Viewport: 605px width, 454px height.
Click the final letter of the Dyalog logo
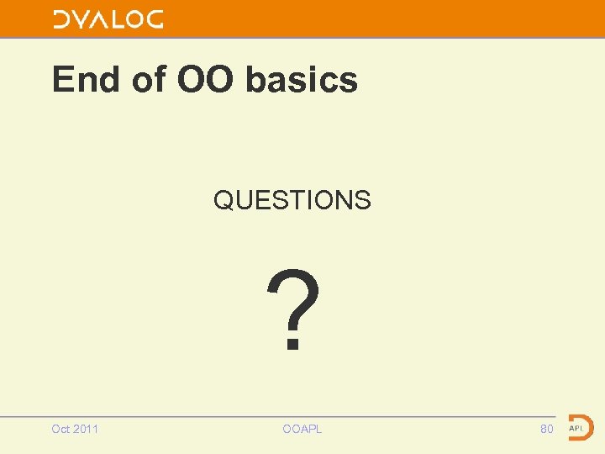pyautogui.click(x=153, y=20)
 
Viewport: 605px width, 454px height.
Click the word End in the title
pyautogui.click(x=86, y=81)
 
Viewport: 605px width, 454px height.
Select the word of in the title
pyautogui.click(x=149, y=81)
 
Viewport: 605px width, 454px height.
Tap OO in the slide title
pyautogui.click(x=207, y=81)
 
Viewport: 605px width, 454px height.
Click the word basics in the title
pyautogui.click(x=302, y=81)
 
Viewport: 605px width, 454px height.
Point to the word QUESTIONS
pyautogui.click(x=292, y=200)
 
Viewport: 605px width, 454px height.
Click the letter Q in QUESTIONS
pyautogui.click(x=224, y=200)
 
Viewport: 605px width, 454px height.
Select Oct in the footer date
pyautogui.click(x=61, y=429)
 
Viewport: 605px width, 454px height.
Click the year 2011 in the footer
pyautogui.click(x=86, y=429)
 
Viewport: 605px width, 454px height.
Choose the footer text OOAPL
pyautogui.click(x=302, y=429)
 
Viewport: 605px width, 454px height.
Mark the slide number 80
pyautogui.click(x=547, y=429)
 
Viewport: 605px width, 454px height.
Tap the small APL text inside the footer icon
pyautogui.click(x=576, y=428)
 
